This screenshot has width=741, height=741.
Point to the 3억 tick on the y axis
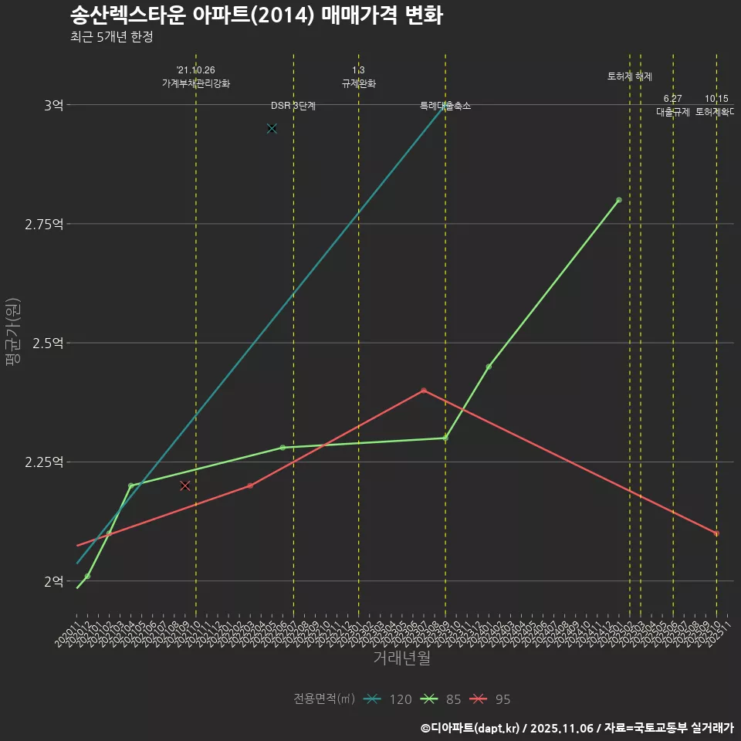coord(53,105)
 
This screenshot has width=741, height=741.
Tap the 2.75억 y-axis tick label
coord(45,224)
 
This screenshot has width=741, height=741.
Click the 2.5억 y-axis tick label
coord(48,343)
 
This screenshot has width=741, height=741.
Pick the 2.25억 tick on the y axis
coord(45,462)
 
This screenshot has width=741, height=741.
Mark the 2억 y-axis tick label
coord(53,581)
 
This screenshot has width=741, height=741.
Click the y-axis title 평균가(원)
coord(13,333)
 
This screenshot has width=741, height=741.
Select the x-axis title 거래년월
coord(401,658)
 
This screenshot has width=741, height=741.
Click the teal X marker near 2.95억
coord(272,128)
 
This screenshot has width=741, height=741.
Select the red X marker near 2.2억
coord(185,486)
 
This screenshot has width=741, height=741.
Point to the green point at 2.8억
coord(619,200)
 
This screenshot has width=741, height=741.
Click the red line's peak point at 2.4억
coord(424,391)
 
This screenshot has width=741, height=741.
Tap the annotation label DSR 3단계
coord(293,106)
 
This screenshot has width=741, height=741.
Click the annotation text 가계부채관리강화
coord(196,83)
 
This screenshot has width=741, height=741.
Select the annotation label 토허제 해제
coord(630,76)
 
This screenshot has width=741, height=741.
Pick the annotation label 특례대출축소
coord(445,106)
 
